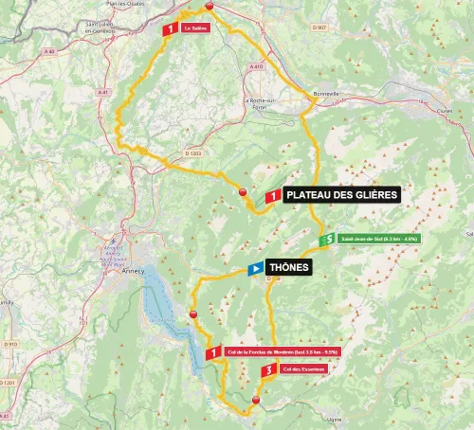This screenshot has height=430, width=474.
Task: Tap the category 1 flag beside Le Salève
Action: [x=170, y=29]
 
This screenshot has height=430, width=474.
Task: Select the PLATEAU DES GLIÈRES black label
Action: [x=342, y=195]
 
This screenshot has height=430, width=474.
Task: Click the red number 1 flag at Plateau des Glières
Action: [x=272, y=195]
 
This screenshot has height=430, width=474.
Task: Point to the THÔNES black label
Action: [x=289, y=268]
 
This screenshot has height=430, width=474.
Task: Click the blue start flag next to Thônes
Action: [x=255, y=268]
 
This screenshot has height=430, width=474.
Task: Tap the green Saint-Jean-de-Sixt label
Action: [x=371, y=240]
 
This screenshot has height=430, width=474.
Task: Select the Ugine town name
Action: [x=356, y=417]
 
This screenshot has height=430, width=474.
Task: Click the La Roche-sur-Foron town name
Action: [x=258, y=104]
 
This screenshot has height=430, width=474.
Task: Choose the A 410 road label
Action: [x=257, y=67]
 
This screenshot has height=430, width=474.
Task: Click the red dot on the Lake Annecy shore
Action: [x=193, y=314]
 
